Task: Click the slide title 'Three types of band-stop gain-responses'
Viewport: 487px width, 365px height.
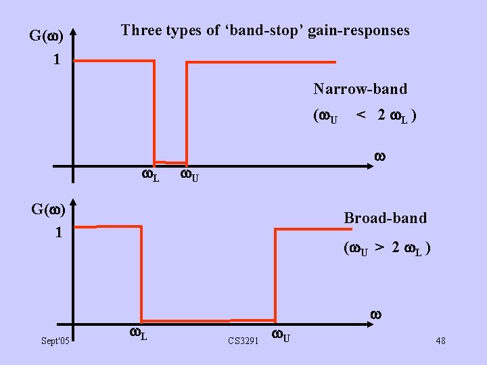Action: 264,30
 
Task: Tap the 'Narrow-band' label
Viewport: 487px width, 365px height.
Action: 360,89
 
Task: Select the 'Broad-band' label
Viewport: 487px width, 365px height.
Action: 386,218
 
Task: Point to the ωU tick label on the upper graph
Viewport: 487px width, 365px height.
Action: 189,176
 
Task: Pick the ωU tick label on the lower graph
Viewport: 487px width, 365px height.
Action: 281,335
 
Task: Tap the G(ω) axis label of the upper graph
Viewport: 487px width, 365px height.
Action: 47,34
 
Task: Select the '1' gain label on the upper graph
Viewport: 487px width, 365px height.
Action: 57,59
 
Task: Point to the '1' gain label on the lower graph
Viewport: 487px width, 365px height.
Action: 59,232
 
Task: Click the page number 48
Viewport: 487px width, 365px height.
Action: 440,341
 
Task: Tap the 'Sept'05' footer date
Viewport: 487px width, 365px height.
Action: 55,342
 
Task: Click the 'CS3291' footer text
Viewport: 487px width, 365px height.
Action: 243,342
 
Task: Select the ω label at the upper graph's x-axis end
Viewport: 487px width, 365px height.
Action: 379,157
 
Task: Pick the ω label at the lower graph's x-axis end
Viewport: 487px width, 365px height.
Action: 376,314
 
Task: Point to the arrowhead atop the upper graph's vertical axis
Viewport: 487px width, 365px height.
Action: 74,32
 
